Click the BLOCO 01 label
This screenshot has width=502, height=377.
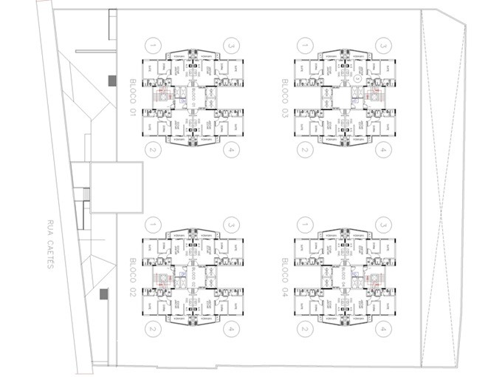pyautogui.click(x=134, y=97)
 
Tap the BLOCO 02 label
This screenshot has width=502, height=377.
pyautogui.click(x=134, y=277)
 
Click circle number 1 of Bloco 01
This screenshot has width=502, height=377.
pyautogui.click(x=152, y=44)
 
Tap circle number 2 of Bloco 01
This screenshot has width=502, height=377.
pyautogui.click(x=152, y=150)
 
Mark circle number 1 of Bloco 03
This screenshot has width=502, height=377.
pyautogui.click(x=303, y=44)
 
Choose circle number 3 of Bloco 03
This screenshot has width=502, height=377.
pyautogui.click(x=382, y=44)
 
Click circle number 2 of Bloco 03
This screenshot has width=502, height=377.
pyautogui.click(x=303, y=150)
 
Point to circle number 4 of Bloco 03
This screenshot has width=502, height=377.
pyautogui.click(x=382, y=150)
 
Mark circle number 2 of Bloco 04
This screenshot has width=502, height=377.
pyautogui.click(x=303, y=330)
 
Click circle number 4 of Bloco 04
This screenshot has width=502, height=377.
pyautogui.click(x=382, y=330)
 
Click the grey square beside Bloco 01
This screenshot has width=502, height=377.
pyautogui.click(x=112, y=80)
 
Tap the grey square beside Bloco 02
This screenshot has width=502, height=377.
pyautogui.click(x=103, y=295)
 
